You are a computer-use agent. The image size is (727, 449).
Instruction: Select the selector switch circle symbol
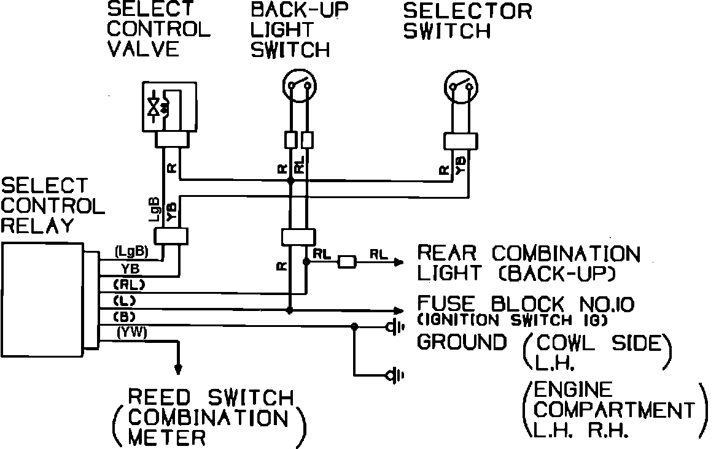click(x=461, y=85)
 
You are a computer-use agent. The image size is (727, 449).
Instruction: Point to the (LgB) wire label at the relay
click(x=129, y=251)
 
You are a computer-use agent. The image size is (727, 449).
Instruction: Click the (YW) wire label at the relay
click(x=130, y=332)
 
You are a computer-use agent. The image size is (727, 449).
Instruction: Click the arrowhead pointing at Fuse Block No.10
click(x=400, y=310)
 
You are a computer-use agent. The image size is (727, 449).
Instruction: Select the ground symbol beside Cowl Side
click(x=394, y=326)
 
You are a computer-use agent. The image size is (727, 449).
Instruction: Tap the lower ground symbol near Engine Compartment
click(x=394, y=374)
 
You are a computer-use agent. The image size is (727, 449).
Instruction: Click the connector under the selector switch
click(x=461, y=141)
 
